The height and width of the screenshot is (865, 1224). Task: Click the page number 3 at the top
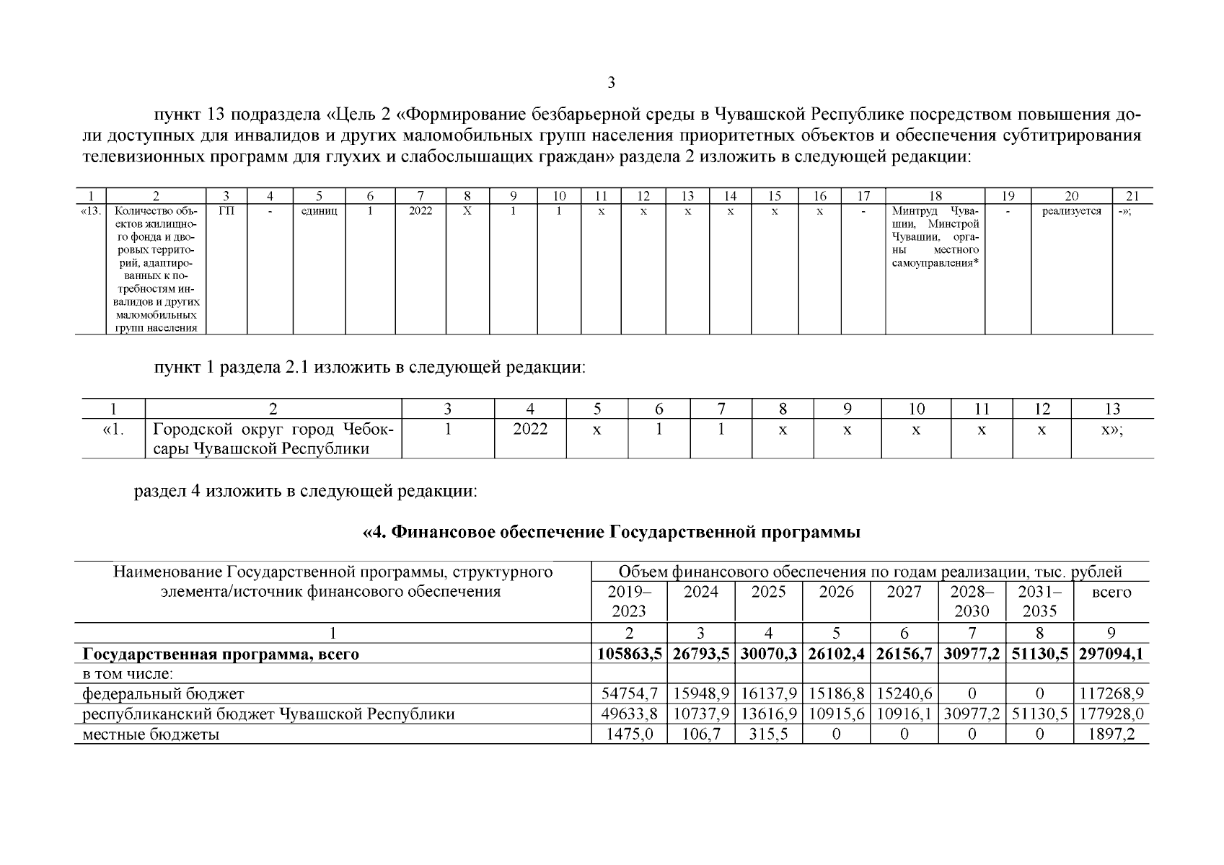(x=612, y=83)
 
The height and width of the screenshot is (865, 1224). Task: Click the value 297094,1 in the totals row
(x=1111, y=655)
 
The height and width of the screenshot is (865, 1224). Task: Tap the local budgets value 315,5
(x=768, y=735)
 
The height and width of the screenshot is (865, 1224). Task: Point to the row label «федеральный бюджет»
(x=164, y=694)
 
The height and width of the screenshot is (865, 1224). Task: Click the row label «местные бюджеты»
(x=151, y=735)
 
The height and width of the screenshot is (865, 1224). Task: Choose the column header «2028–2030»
(x=972, y=602)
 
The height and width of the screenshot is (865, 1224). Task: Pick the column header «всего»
(x=1111, y=593)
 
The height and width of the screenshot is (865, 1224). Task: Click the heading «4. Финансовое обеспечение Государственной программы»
(x=612, y=533)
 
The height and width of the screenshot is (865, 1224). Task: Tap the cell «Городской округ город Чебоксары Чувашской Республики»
(x=273, y=439)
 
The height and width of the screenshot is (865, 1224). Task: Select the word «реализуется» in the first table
(x=1071, y=211)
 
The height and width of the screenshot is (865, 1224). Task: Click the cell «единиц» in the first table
(x=319, y=211)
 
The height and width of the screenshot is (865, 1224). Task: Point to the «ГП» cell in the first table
(x=226, y=211)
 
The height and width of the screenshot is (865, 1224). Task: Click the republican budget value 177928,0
(x=1111, y=714)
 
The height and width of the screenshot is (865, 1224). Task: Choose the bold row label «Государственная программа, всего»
(x=221, y=655)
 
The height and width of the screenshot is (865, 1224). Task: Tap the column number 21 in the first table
(x=1132, y=195)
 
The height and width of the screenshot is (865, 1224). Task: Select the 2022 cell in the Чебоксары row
(x=530, y=430)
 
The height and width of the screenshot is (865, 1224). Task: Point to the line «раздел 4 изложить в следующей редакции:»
(x=306, y=492)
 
